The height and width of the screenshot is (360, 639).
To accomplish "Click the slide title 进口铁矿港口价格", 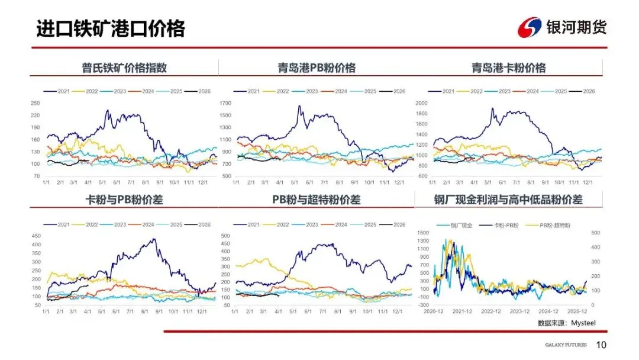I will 111,28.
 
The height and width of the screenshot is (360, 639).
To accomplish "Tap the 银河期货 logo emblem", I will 529,27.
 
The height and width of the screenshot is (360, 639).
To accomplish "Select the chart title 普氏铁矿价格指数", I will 124,67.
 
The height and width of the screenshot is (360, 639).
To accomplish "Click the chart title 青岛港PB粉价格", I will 317,67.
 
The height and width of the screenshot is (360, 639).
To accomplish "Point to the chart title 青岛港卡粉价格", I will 508,67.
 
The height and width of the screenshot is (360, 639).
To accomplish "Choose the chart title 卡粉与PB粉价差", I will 124,200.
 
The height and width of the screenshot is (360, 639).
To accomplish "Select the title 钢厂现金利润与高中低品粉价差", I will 508,200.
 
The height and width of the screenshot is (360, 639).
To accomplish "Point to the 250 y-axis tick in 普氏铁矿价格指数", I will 35,103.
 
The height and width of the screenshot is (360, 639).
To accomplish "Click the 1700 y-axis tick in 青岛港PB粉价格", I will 226,103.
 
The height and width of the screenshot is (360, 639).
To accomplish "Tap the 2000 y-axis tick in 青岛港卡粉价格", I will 421,103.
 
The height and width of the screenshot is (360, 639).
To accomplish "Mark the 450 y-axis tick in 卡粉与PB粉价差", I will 35,236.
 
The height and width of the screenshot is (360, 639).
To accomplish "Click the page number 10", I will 601,345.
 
